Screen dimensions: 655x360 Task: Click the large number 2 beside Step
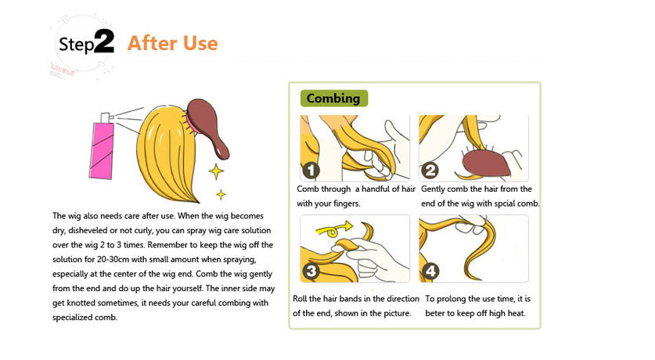click(x=104, y=41)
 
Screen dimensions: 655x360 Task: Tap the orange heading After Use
click(x=172, y=43)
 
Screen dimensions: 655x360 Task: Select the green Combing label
click(x=334, y=98)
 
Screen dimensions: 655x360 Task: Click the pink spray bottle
click(x=102, y=146)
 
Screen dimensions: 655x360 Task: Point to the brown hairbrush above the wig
click(x=207, y=127)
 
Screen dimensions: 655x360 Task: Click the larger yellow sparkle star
click(x=216, y=171)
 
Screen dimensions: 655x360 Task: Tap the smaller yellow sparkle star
click(x=221, y=194)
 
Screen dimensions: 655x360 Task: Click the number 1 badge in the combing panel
click(x=311, y=171)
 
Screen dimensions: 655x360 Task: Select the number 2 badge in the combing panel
click(x=430, y=171)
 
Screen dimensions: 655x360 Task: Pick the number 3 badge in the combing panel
click(x=311, y=272)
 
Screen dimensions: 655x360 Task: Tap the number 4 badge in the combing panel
click(x=430, y=272)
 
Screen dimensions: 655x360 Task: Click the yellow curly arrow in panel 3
click(x=334, y=229)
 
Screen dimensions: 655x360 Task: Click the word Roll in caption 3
click(x=300, y=299)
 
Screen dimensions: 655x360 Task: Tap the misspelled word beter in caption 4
click(x=435, y=313)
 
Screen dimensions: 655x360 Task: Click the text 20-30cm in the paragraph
click(x=113, y=259)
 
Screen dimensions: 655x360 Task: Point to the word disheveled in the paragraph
click(x=88, y=230)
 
